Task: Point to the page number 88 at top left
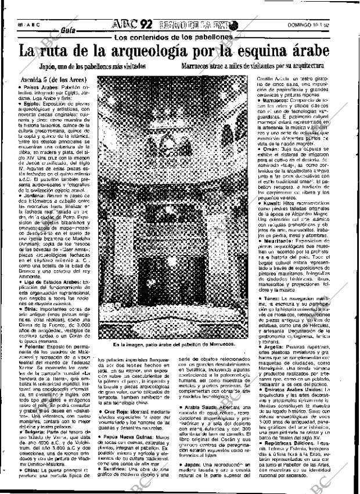pos(21,26)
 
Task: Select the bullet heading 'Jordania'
pos(33,196)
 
